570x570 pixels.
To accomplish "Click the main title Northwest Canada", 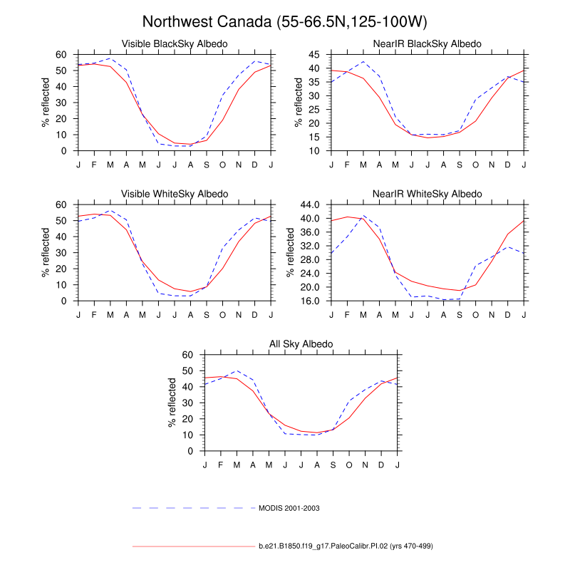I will [x=285, y=21].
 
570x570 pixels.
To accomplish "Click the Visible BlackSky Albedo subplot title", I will [x=175, y=44].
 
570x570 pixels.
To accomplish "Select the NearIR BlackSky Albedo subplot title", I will [x=427, y=44].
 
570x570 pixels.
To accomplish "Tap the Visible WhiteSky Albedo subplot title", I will [x=175, y=194].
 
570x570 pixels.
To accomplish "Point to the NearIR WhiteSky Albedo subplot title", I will [x=427, y=194].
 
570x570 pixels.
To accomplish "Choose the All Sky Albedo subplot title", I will [x=301, y=344].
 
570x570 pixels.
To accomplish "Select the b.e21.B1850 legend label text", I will [x=346, y=546].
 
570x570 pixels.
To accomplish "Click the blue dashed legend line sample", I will [x=193, y=508].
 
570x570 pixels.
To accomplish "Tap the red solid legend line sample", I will [x=193, y=546].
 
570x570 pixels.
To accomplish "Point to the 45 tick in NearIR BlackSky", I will [x=320, y=55].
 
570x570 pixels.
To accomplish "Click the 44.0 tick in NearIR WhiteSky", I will [x=314, y=204].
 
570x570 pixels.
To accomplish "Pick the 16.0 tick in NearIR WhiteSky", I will [x=314, y=301].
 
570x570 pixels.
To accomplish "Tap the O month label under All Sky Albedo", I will [x=349, y=465].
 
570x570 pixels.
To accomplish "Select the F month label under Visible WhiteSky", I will [x=94, y=315].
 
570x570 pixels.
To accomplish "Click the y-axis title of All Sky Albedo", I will [x=172, y=403].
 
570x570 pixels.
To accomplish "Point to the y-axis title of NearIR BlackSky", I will [x=299, y=103].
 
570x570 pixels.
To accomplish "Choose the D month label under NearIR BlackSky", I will [x=508, y=165].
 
